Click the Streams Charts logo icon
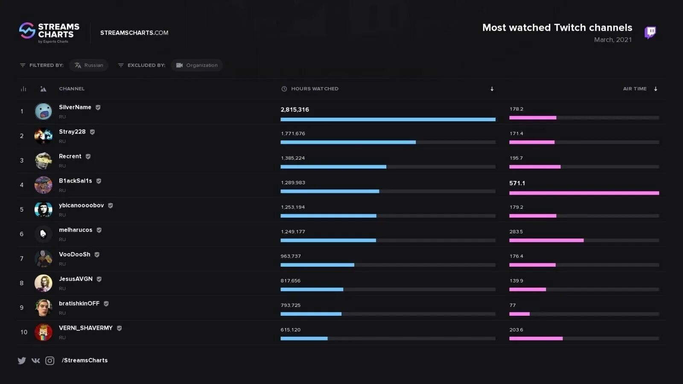pos(27,31)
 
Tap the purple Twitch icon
pos(650,32)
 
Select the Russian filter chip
pos(89,65)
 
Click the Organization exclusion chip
pos(197,65)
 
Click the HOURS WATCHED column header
pos(315,89)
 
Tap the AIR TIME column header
pos(635,89)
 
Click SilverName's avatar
pos(43,111)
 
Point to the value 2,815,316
pos(295,110)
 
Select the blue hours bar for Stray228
pos(348,142)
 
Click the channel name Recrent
pos(70,156)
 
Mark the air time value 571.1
pos(517,183)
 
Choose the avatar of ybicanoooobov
pos(43,209)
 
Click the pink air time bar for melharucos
pos(546,240)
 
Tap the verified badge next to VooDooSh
pos(97,254)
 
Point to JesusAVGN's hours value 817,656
pos(291,281)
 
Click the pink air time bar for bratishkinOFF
pos(520,314)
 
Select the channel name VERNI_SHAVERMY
pos(86,328)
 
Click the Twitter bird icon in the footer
pos(22,361)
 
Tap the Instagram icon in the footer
pos(50,361)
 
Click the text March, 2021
pos(613,40)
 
